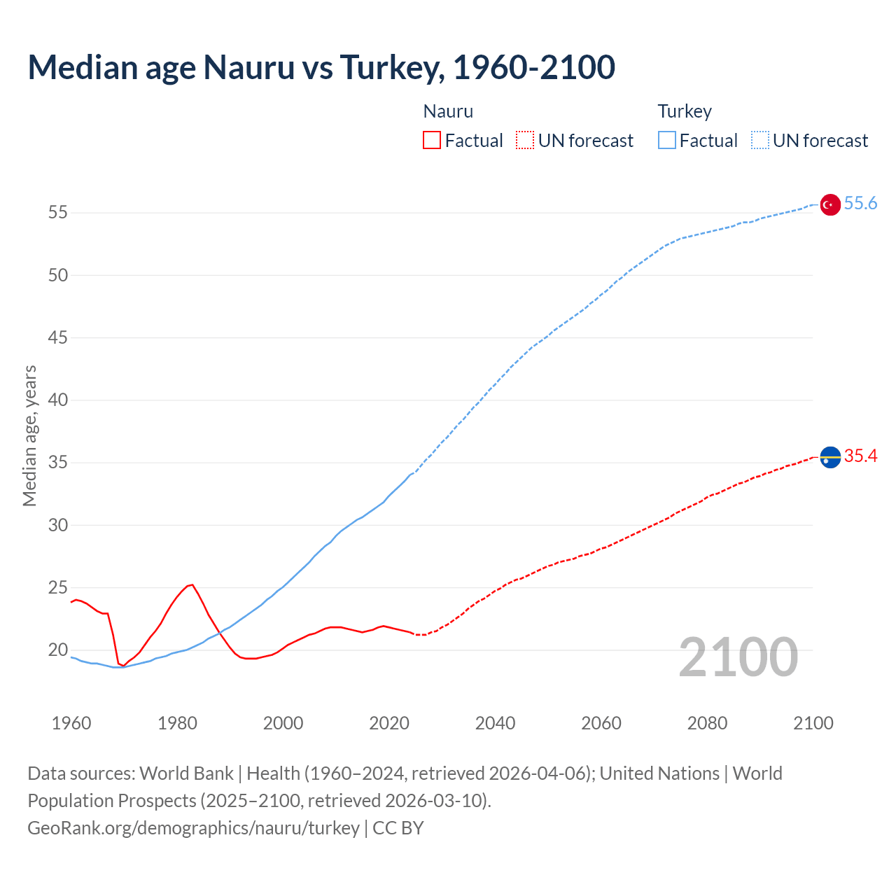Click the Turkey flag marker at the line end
tap(829, 204)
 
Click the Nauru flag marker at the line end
tap(829, 457)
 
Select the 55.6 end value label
tap(860, 203)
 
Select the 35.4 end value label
tap(860, 456)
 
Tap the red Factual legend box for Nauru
tap(432, 141)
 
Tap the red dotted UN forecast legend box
tap(525, 141)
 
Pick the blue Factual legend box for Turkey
tap(667, 141)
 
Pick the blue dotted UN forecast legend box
tap(760, 141)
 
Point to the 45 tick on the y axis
tap(58, 337)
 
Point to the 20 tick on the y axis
tap(58, 650)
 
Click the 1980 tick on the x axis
tap(177, 723)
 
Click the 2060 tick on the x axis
tap(601, 723)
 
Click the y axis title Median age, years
tap(29, 435)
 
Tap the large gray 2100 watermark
tap(738, 657)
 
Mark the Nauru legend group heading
tap(448, 111)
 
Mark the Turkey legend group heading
tap(685, 111)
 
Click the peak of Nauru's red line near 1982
tap(192, 584)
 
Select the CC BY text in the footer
tap(398, 827)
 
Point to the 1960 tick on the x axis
tap(71, 723)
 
